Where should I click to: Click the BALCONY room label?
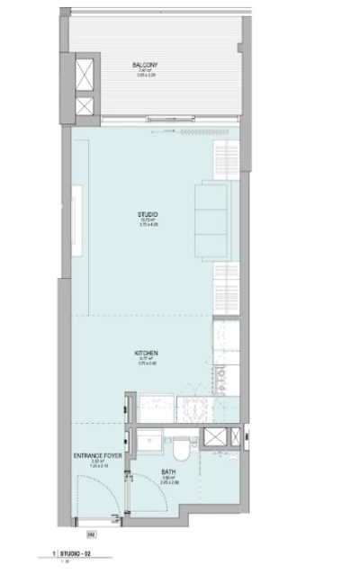point(146,65)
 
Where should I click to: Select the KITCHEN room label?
point(148,354)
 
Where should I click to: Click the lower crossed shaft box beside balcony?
point(85,106)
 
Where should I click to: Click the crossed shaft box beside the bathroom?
point(216,439)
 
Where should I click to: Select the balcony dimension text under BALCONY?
point(146,76)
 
